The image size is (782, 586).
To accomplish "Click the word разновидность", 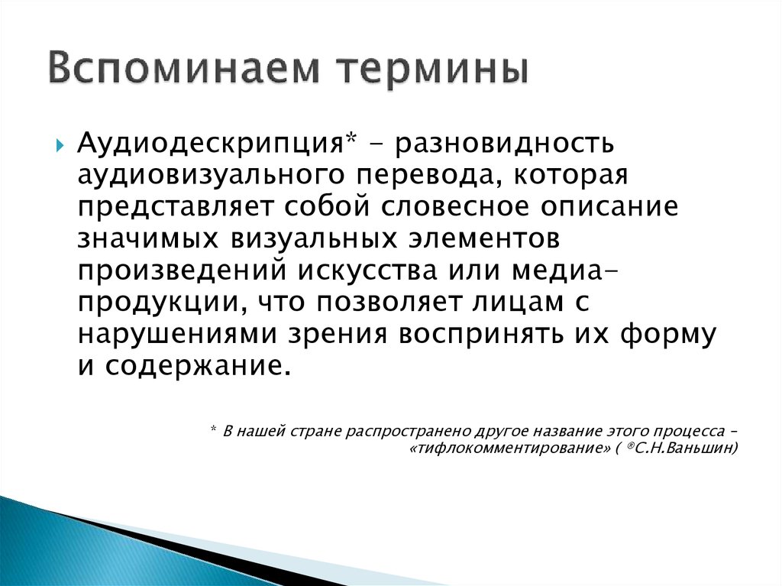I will [x=502, y=144].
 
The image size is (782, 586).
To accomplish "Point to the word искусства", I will [x=375, y=271].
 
